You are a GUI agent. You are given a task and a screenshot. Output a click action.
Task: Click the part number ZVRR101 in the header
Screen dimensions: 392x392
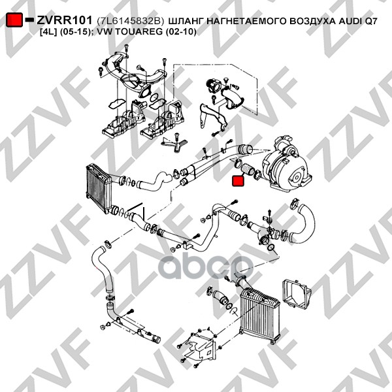(65, 20)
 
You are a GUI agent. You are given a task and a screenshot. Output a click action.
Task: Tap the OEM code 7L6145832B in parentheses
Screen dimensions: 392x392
(131, 21)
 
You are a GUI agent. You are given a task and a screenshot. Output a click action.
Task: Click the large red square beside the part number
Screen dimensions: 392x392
(14, 20)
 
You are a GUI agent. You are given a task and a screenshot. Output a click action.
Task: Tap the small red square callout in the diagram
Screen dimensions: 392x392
(238, 181)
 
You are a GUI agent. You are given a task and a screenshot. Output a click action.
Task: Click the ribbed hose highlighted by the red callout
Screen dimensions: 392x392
(248, 169)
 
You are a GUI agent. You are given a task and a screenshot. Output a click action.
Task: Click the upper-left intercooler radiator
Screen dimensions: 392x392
(99, 188)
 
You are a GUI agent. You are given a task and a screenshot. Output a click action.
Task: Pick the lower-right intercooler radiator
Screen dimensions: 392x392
(259, 316)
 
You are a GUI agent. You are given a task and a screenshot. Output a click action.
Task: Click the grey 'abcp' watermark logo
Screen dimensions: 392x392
(206, 266)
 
